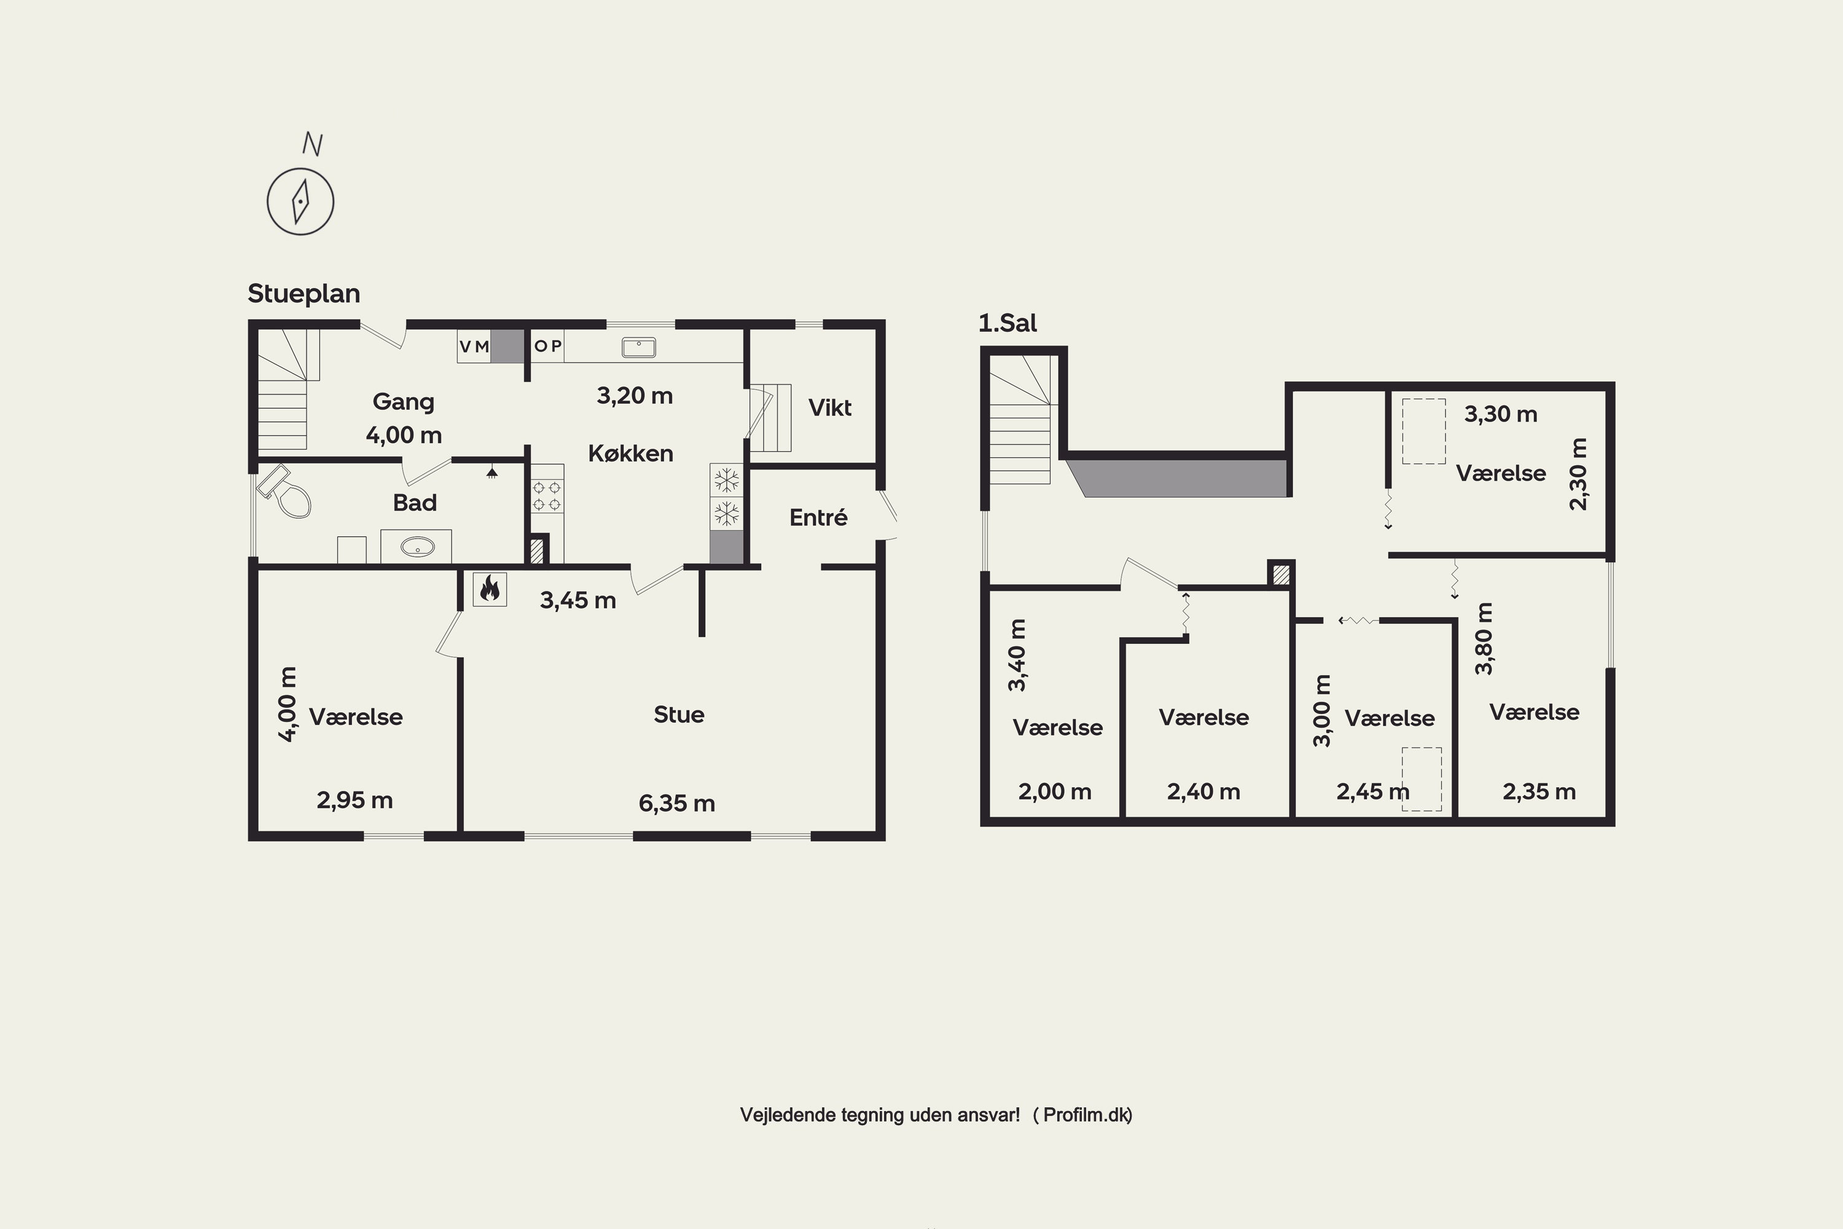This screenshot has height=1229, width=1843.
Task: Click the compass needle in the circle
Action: click(x=301, y=202)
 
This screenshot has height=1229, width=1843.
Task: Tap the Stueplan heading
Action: click(x=304, y=294)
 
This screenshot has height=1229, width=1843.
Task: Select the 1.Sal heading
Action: click(x=1008, y=323)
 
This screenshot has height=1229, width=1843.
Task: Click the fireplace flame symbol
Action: click(x=490, y=588)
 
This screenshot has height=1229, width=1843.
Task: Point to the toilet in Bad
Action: click(x=284, y=492)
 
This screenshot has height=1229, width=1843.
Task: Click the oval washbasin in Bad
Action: click(x=418, y=546)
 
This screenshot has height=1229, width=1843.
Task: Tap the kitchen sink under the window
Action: click(x=639, y=347)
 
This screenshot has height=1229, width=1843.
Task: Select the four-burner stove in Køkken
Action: click(x=547, y=495)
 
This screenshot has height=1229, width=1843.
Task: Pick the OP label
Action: click(x=548, y=345)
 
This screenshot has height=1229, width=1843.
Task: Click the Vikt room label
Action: click(x=830, y=407)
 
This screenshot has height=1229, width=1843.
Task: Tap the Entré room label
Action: click(x=818, y=517)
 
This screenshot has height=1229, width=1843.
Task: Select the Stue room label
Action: click(x=679, y=715)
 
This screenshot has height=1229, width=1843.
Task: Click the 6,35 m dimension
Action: click(x=677, y=803)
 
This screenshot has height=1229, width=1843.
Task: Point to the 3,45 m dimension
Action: click(x=577, y=600)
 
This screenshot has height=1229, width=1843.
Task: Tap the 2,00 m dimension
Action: click(x=1055, y=791)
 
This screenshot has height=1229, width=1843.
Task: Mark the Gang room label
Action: click(x=403, y=402)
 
